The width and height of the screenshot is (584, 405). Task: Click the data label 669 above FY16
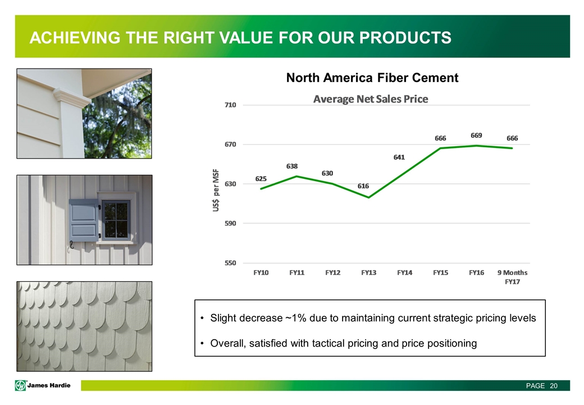[476, 136]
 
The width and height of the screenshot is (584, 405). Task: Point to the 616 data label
[363, 186]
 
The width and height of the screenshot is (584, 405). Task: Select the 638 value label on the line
[292, 166]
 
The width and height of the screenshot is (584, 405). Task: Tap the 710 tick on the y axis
[230, 105]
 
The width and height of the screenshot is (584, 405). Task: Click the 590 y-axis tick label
[230, 223]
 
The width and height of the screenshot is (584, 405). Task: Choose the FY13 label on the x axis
[369, 273]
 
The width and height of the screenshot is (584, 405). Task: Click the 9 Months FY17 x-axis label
[513, 277]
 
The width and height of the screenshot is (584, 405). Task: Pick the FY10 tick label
[261, 273]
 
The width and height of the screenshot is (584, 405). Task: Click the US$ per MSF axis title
[216, 190]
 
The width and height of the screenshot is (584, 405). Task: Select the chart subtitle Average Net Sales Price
[371, 99]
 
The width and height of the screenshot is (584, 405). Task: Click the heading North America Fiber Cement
[372, 78]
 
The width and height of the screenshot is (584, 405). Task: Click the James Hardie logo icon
[20, 385]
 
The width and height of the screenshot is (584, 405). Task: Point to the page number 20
[554, 386]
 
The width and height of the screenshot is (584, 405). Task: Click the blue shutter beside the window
[84, 220]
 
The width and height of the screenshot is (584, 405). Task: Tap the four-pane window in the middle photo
[116, 220]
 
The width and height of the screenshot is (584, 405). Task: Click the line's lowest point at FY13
[369, 197]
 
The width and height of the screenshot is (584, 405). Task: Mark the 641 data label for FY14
[399, 157]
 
